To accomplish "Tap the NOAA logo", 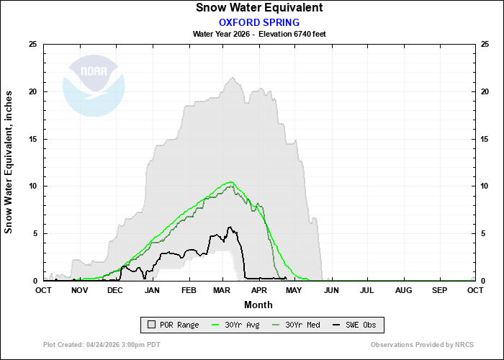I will [x=94, y=84].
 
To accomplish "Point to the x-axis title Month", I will [x=258, y=305].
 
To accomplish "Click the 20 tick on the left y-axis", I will [x=32, y=91].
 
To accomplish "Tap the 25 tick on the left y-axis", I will [x=32, y=45].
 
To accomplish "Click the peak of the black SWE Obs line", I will [x=230, y=228].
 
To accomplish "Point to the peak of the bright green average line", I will [x=231, y=181].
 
